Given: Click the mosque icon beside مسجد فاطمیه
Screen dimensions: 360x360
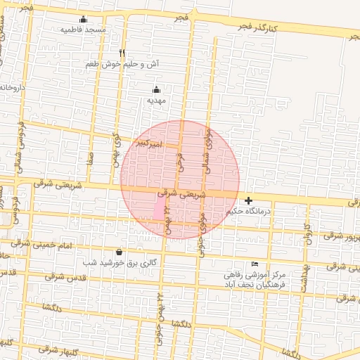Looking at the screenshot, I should (84, 19).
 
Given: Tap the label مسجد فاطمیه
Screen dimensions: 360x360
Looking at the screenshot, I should (83, 30).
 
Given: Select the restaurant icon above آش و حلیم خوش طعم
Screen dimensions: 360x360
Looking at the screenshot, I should (122, 53).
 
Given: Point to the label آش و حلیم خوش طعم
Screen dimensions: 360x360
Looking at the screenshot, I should (122, 63).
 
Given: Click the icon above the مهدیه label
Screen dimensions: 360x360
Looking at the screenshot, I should (156, 89).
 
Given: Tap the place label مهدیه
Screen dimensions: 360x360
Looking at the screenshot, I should (155, 101).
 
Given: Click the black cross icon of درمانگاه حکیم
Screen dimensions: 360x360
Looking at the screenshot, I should (248, 200).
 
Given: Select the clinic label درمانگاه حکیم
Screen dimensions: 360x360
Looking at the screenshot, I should (248, 211).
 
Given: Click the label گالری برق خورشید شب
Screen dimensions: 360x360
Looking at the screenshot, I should (118, 262).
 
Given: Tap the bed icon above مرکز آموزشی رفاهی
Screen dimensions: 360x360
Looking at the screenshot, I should (255, 264).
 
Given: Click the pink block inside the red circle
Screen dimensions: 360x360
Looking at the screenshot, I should (160, 209).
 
